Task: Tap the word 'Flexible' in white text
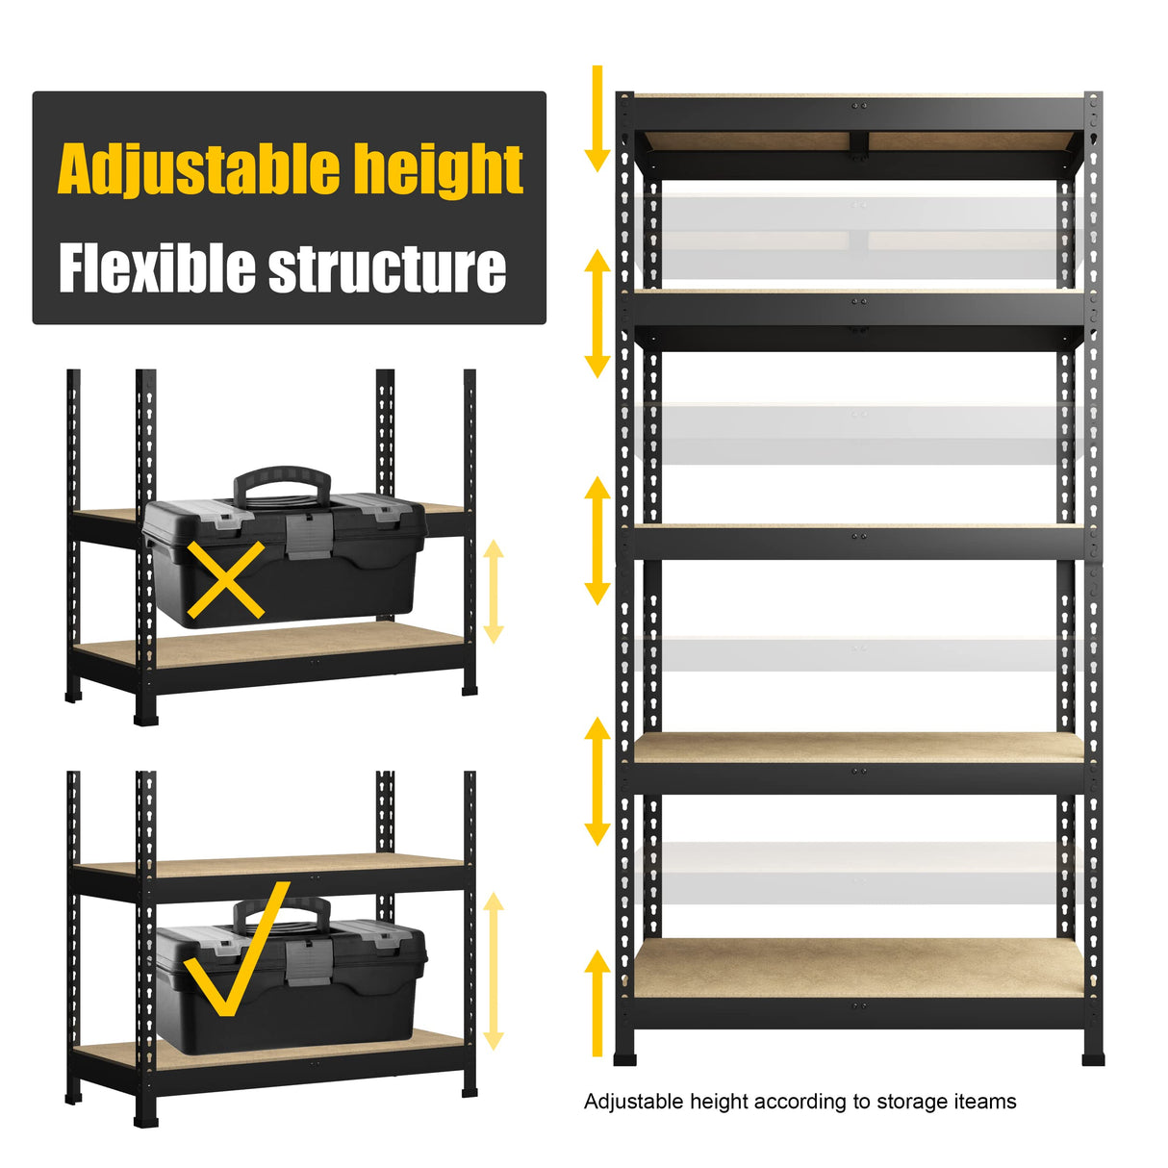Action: (x=157, y=267)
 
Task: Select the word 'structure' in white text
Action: (x=387, y=269)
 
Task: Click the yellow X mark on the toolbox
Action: (x=225, y=579)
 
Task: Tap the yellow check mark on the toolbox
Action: (x=235, y=952)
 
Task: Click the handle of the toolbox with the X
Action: (x=282, y=480)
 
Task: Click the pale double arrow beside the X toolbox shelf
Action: (x=494, y=591)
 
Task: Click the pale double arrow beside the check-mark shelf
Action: (x=494, y=971)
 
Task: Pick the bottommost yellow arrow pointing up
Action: (x=597, y=1001)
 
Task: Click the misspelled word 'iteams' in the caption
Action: (x=984, y=1102)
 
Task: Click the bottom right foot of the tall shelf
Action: (x=1092, y=1057)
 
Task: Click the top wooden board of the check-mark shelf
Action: (x=269, y=865)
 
